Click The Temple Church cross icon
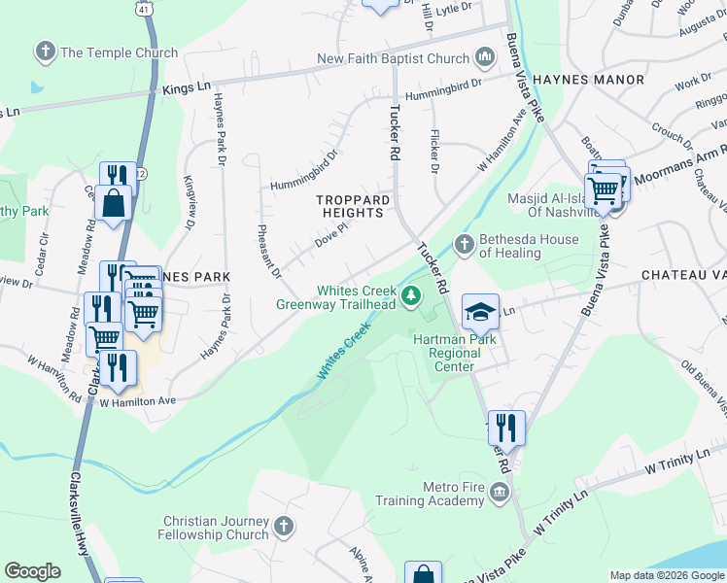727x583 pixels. coord(45,52)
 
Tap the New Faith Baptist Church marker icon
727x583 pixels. coord(484,59)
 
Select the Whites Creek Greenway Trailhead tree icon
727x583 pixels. coord(412,295)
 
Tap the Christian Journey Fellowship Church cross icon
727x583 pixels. coord(284,528)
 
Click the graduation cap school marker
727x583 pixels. coord(480,311)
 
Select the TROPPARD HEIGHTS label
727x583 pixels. coord(354,206)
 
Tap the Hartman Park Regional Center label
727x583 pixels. coord(455,353)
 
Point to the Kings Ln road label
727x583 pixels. coord(187,87)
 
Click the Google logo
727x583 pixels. coord(32,571)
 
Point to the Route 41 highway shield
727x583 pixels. coord(144,7)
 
